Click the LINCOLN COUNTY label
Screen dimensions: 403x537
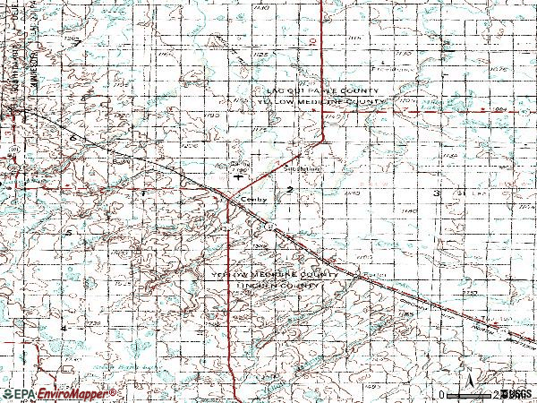point(277,286)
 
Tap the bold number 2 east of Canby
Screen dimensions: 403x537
point(290,189)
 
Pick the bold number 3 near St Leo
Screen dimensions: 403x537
point(437,193)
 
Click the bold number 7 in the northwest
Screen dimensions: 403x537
point(78,42)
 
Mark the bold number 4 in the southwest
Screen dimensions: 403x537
point(64,328)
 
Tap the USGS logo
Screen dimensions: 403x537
point(514,394)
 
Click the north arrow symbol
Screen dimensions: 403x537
point(467,381)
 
